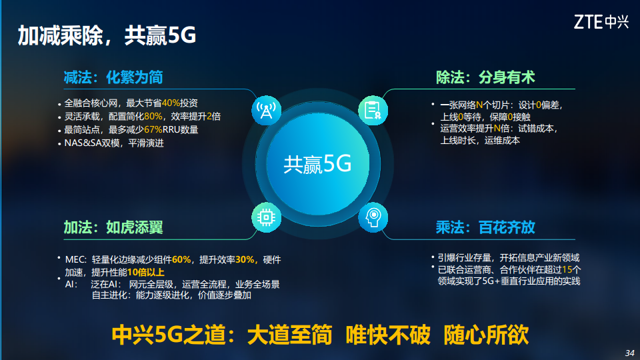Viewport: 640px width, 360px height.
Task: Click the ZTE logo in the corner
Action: pos(601,22)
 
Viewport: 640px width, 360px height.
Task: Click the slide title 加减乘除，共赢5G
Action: pos(107,35)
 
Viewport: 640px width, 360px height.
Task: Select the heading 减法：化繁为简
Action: pos(113,77)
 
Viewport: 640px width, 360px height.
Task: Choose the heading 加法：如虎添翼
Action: pos(113,227)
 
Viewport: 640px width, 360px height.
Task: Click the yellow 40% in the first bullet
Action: pos(171,103)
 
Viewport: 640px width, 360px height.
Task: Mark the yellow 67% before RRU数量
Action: pos(153,129)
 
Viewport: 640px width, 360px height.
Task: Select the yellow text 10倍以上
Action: pos(145,272)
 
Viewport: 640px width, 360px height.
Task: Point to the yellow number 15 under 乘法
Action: pos(567,269)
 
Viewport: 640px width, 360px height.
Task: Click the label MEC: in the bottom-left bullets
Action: pos(75,259)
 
